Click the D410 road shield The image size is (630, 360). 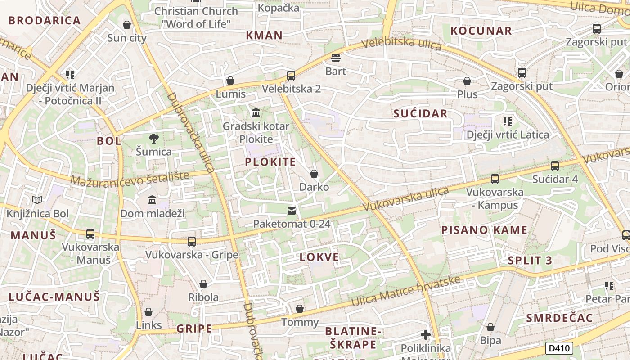tap(559, 348)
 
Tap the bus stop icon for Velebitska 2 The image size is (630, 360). tap(291, 75)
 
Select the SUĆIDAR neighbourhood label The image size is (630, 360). tap(420, 113)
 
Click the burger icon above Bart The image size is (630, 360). tap(336, 58)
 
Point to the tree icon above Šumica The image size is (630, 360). tap(154, 138)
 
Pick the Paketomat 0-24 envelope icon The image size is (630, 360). tap(292, 211)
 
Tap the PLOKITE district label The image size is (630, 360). tap(270, 162)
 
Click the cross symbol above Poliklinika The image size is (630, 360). tap(426, 335)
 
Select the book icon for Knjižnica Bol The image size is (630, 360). tap(37, 200)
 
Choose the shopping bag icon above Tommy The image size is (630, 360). tap(300, 309)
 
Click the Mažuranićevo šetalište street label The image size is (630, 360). tap(130, 179)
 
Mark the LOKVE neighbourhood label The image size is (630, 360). tap(319, 257)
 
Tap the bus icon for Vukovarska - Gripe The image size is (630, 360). tap(192, 242)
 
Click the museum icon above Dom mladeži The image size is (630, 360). tap(152, 200)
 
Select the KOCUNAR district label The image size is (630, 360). tap(481, 31)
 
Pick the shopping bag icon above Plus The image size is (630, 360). tap(467, 81)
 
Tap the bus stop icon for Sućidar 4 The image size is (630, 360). tap(555, 166)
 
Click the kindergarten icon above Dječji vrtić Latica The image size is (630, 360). tap(508, 121)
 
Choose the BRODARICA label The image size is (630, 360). tap(45, 20)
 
